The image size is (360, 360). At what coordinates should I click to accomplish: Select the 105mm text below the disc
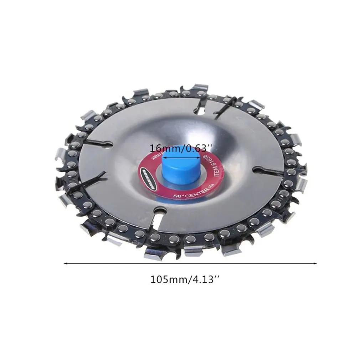click(168, 279)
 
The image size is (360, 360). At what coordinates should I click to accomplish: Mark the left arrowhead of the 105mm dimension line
click(65, 264)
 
